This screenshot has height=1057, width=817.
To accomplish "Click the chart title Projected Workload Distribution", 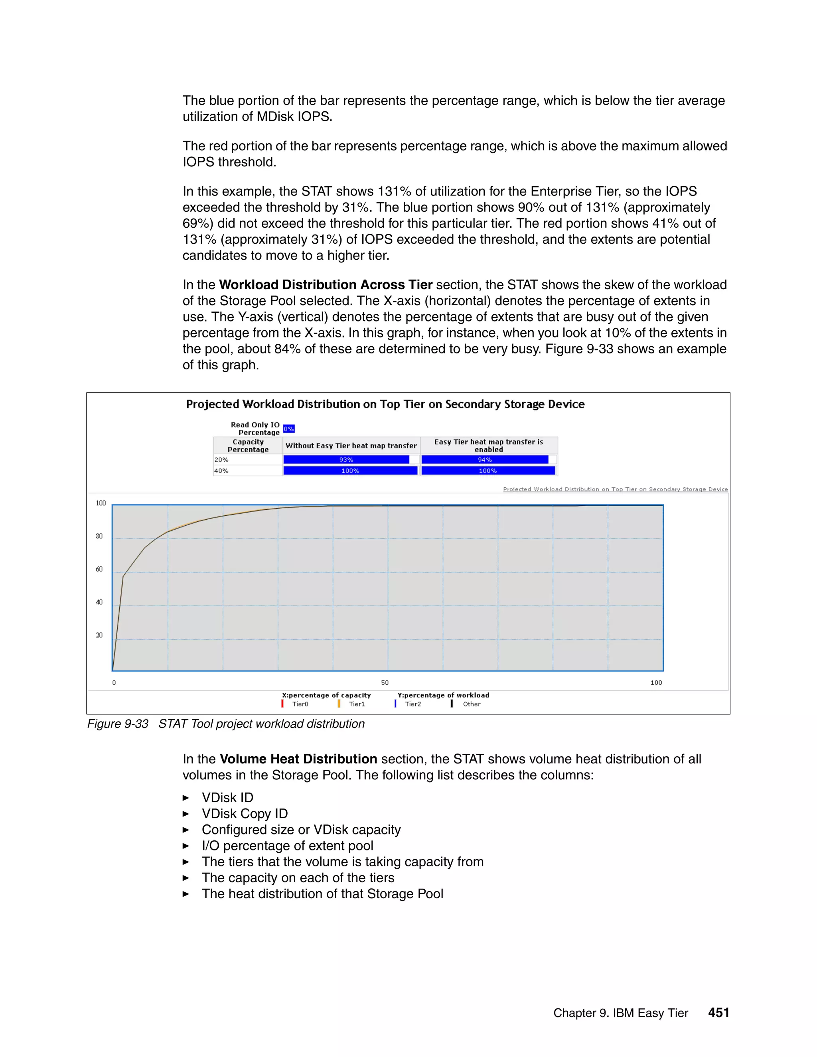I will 385,404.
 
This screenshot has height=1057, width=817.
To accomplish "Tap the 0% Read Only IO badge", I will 288,429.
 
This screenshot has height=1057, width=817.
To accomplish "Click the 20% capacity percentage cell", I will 247,460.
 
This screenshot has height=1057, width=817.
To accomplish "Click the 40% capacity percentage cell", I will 247,470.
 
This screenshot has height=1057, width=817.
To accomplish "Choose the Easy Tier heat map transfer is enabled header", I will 488,445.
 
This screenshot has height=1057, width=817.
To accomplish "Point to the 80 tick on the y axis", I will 99,536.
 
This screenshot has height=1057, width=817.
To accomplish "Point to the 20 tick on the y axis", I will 99,635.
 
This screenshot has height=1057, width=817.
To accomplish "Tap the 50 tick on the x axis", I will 385,682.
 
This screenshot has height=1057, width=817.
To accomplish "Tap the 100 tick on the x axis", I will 656,682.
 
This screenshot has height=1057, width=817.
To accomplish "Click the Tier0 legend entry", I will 300,704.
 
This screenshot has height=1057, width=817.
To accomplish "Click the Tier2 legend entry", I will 412,704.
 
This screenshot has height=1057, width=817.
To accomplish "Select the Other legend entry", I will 471,704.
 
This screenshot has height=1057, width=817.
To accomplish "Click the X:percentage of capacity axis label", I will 326,695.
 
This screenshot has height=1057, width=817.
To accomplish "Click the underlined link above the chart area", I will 615,489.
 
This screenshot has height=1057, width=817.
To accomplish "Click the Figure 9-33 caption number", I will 118,724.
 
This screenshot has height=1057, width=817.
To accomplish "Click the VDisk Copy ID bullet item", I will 245,814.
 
